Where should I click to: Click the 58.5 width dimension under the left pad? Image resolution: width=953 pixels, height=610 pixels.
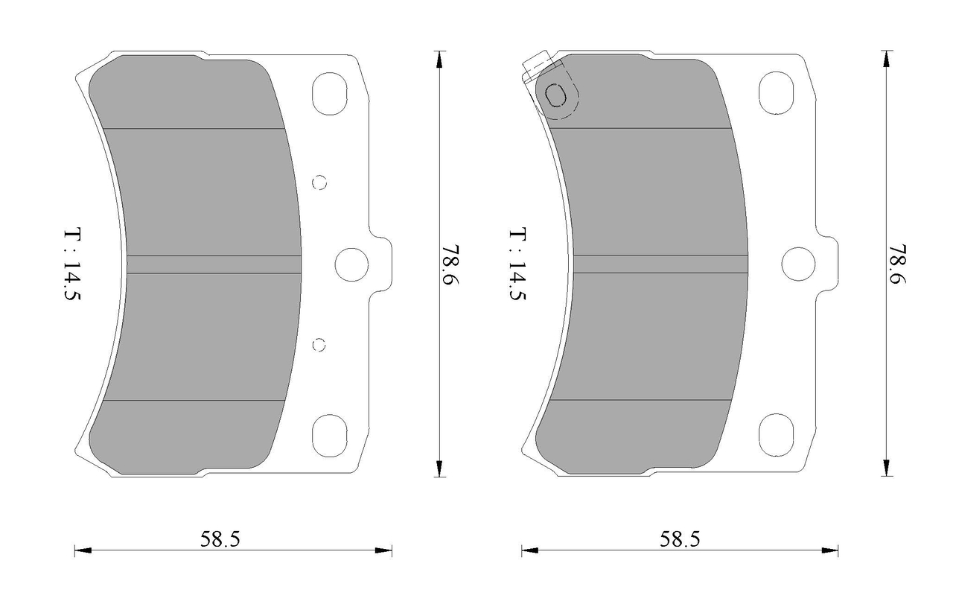tap(220, 539)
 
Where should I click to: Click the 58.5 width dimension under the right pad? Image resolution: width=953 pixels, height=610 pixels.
tap(680, 539)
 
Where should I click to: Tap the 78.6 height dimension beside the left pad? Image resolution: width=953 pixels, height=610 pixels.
tap(449, 264)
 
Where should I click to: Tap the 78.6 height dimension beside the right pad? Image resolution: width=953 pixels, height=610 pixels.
tap(896, 264)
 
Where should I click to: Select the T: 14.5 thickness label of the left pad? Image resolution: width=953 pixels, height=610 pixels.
tap(72, 264)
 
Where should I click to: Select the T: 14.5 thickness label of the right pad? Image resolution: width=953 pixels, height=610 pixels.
tap(517, 264)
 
